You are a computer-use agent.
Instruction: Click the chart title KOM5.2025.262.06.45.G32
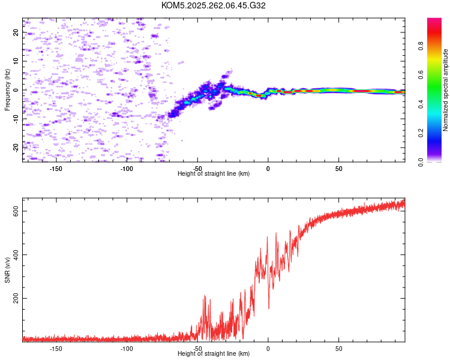point(214,5)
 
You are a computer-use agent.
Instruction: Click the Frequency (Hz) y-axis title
point(7,90)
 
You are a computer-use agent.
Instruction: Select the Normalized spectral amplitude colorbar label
point(445,90)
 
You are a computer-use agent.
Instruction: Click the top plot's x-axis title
point(214,174)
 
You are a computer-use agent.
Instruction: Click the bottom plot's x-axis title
point(214,353)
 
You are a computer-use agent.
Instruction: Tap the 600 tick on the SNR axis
point(16,211)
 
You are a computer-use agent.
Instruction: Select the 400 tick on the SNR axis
point(16,254)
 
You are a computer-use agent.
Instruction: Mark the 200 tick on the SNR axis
point(16,298)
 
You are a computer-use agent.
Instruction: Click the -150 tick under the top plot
point(56,169)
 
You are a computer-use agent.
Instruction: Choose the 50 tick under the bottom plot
point(338,348)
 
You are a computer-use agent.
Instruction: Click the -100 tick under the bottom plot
point(127,348)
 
